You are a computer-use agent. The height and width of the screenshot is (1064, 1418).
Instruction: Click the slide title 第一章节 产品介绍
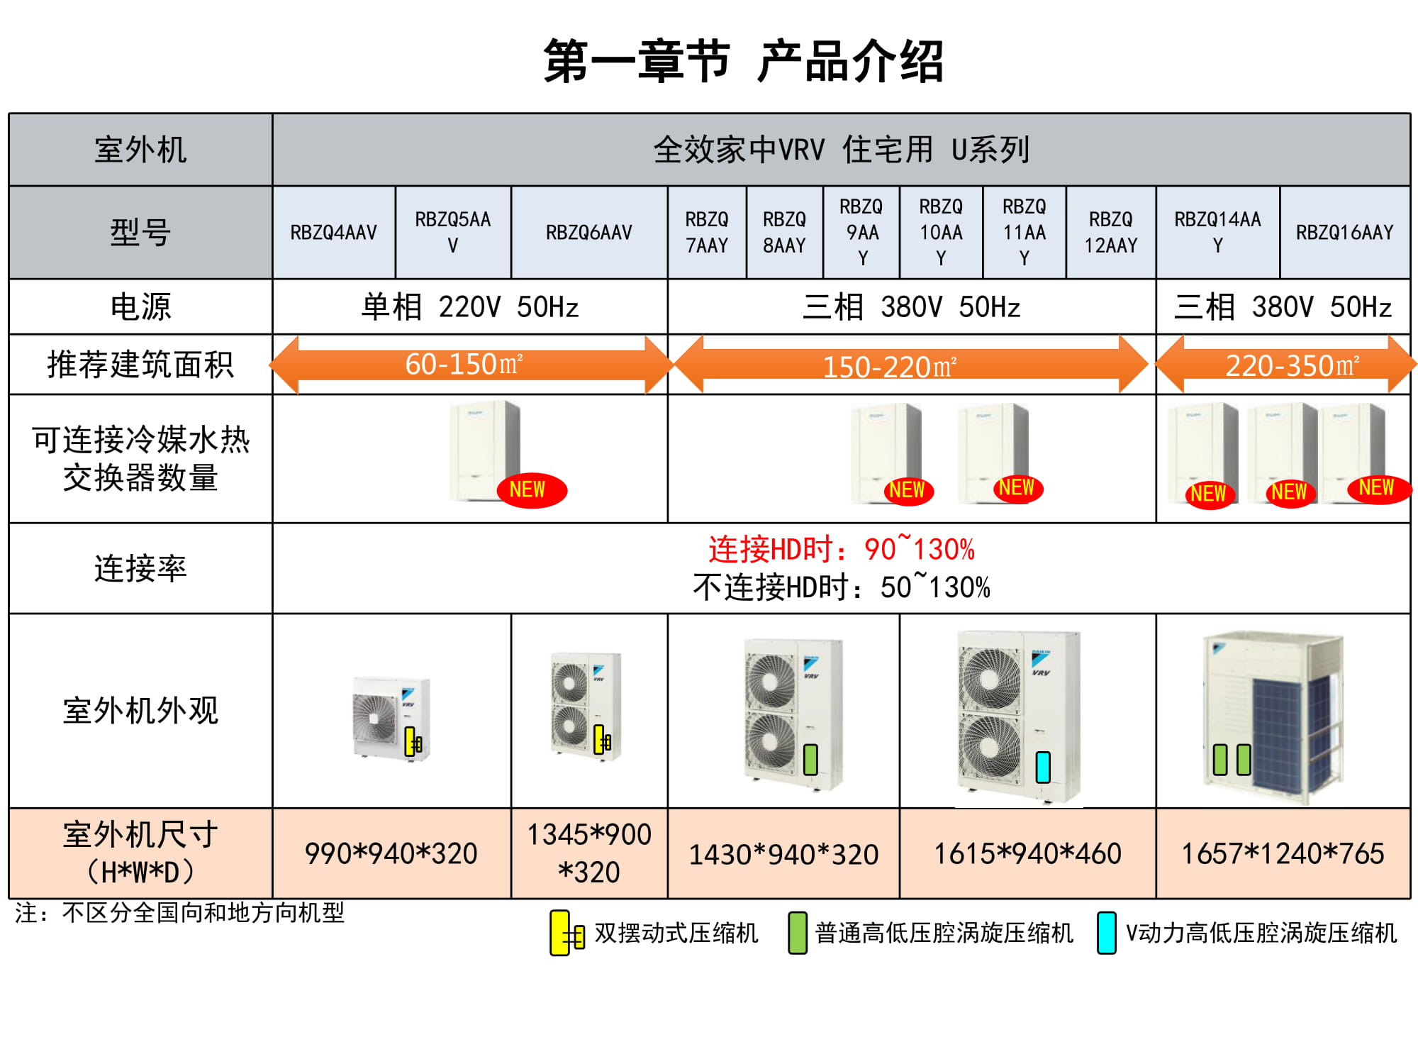(743, 62)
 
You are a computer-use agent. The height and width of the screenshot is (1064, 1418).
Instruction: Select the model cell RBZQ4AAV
(333, 233)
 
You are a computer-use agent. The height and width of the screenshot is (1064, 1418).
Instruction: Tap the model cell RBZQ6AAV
(588, 233)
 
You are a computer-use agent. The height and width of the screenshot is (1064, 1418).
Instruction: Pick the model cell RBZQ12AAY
(1110, 233)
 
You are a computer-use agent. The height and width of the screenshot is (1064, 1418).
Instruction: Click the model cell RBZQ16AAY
(1344, 233)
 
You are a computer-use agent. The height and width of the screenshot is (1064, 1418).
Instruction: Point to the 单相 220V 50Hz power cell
(469, 307)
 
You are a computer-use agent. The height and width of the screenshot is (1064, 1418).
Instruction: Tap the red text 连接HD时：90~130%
(841, 550)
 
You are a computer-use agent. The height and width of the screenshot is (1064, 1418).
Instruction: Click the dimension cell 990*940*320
(391, 853)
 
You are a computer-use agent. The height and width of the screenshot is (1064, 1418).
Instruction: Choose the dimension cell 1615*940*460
(1027, 853)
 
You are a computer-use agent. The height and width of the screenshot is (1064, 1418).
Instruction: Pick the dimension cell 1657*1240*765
(1283, 853)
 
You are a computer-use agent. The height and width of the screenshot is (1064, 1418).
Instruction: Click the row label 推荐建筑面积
(140, 365)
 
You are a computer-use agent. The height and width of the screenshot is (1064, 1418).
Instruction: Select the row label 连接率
(140, 569)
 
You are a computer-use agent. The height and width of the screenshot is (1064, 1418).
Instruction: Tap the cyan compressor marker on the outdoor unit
(1042, 767)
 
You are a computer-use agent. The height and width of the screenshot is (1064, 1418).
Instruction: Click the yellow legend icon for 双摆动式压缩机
(560, 933)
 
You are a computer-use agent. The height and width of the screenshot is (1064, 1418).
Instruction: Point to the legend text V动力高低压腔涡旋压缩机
(1261, 933)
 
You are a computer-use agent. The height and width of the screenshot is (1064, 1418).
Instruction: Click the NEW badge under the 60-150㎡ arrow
(531, 489)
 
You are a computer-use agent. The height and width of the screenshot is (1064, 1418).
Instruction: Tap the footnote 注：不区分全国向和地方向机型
(179, 912)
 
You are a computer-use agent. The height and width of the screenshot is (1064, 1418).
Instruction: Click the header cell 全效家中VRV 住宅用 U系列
(841, 150)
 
